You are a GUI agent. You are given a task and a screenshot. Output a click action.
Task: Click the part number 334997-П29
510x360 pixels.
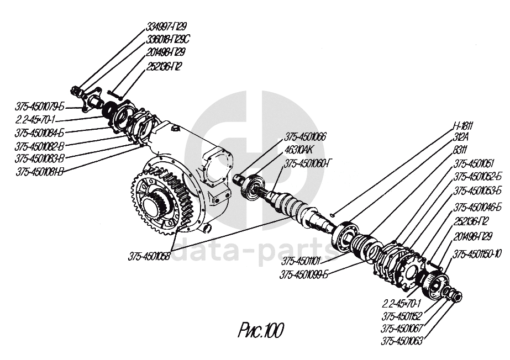click(166, 27)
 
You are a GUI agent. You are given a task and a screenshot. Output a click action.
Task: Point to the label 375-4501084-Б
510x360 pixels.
click(40, 133)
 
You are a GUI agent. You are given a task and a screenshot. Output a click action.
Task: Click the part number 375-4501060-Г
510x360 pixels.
click(308, 163)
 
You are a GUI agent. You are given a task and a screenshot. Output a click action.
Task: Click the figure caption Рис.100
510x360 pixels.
click(260, 331)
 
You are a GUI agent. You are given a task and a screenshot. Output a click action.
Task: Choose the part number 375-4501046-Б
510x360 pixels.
click(477, 208)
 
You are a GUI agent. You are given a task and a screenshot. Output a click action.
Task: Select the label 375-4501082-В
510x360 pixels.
click(40, 146)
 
